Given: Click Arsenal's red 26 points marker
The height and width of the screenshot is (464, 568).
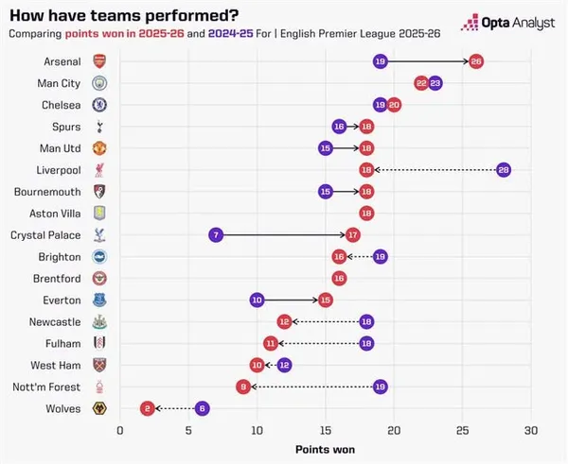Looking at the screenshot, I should tap(476, 61).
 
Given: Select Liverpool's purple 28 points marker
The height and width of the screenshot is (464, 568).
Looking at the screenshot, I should tap(504, 169).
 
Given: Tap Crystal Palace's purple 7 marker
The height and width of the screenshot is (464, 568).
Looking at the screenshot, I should tap(216, 234).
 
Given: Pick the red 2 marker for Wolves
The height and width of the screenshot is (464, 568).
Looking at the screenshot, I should tap(147, 408).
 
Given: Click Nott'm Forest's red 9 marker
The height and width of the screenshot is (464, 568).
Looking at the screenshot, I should tap(243, 387).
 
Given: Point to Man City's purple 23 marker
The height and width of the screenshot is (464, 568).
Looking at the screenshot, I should tap(435, 83).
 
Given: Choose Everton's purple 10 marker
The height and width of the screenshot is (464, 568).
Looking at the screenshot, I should tap(257, 300).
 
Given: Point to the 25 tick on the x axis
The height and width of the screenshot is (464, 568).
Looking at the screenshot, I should tap(462, 430).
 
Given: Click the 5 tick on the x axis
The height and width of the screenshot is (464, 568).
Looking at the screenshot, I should tap(188, 430).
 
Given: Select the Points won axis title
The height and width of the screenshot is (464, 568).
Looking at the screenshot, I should tap(325, 449).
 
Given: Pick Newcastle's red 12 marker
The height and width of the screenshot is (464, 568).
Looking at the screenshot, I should tap(284, 321).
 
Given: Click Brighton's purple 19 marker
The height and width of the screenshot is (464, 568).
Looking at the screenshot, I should tap(380, 256).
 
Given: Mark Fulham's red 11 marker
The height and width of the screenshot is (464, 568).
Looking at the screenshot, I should tap(271, 343).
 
